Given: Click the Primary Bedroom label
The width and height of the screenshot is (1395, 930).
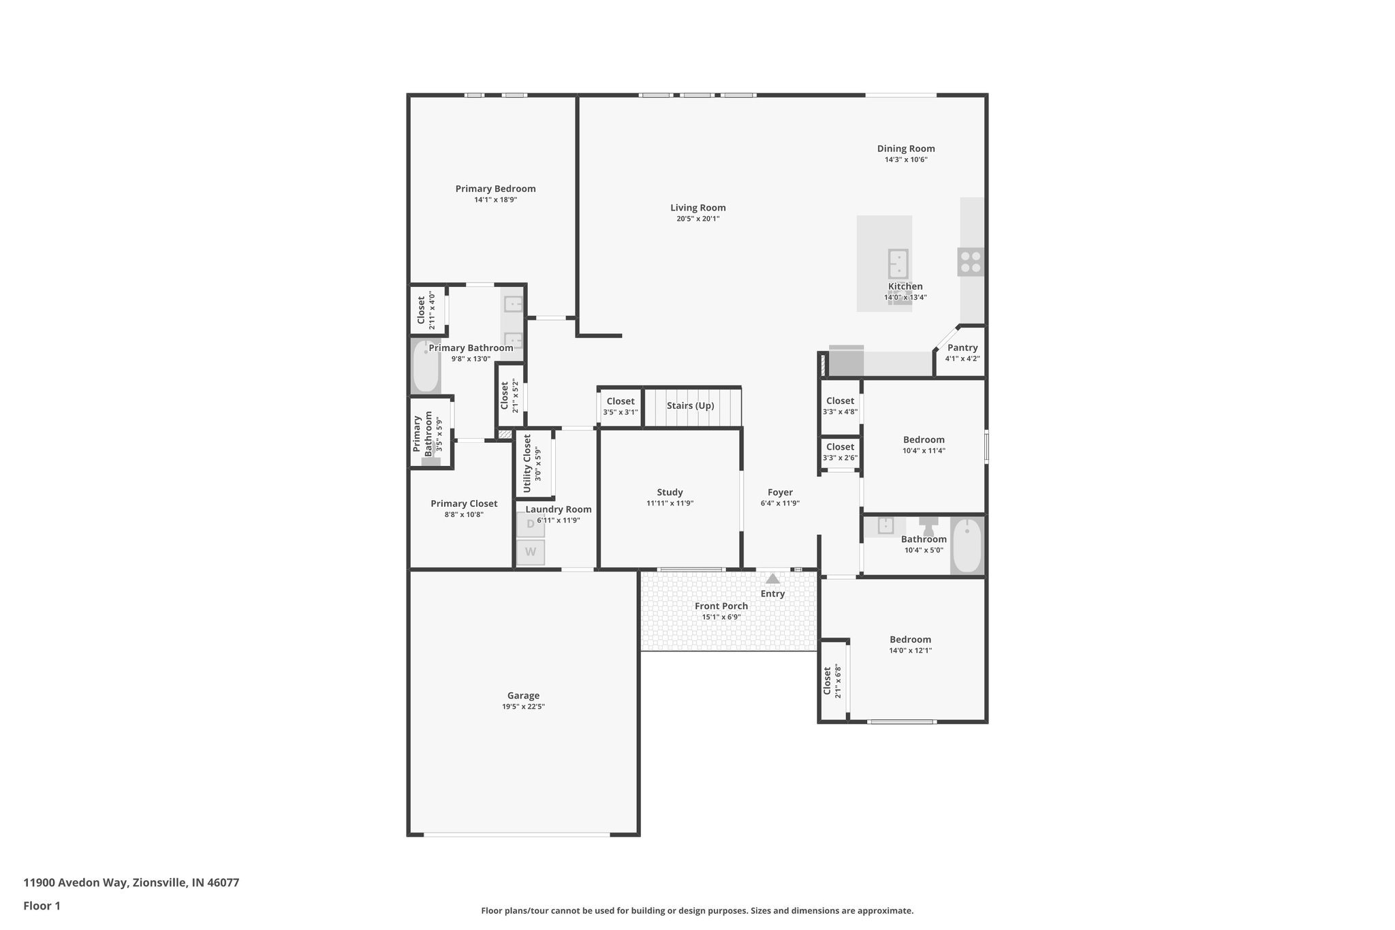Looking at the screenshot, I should point(495,189).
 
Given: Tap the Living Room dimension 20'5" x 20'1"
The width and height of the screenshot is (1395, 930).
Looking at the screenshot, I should point(697,219).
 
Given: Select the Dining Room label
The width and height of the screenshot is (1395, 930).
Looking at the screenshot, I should point(905,149).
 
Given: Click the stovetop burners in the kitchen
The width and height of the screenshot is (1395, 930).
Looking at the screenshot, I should point(971,262).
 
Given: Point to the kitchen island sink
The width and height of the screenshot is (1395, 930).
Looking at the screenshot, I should point(898,263).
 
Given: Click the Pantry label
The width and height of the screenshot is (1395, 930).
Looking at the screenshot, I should point(962,347).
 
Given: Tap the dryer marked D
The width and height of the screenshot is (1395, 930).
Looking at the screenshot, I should point(531,524).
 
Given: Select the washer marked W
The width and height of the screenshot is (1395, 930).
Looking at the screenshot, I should point(531,552).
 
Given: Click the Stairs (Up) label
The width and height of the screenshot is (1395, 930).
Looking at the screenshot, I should point(690,405).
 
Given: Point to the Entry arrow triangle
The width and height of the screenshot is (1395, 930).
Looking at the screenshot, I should point(772,579).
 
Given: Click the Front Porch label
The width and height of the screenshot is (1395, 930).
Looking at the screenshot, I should point(721,606).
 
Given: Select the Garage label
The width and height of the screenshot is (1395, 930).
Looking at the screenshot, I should point(523,696).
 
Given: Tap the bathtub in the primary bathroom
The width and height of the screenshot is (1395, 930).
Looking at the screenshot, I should point(426,367).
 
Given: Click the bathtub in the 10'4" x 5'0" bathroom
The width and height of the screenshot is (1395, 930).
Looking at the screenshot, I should point(967,546).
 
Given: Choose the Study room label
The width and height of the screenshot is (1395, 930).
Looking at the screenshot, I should point(670,492).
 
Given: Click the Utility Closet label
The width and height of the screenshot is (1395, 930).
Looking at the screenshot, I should point(527,464).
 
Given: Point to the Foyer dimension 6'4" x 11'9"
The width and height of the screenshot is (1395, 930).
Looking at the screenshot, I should point(780,503).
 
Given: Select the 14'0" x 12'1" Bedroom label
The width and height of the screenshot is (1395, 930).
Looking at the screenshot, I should point(910,639).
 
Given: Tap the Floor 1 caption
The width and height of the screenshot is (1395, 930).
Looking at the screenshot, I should point(42,905).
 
